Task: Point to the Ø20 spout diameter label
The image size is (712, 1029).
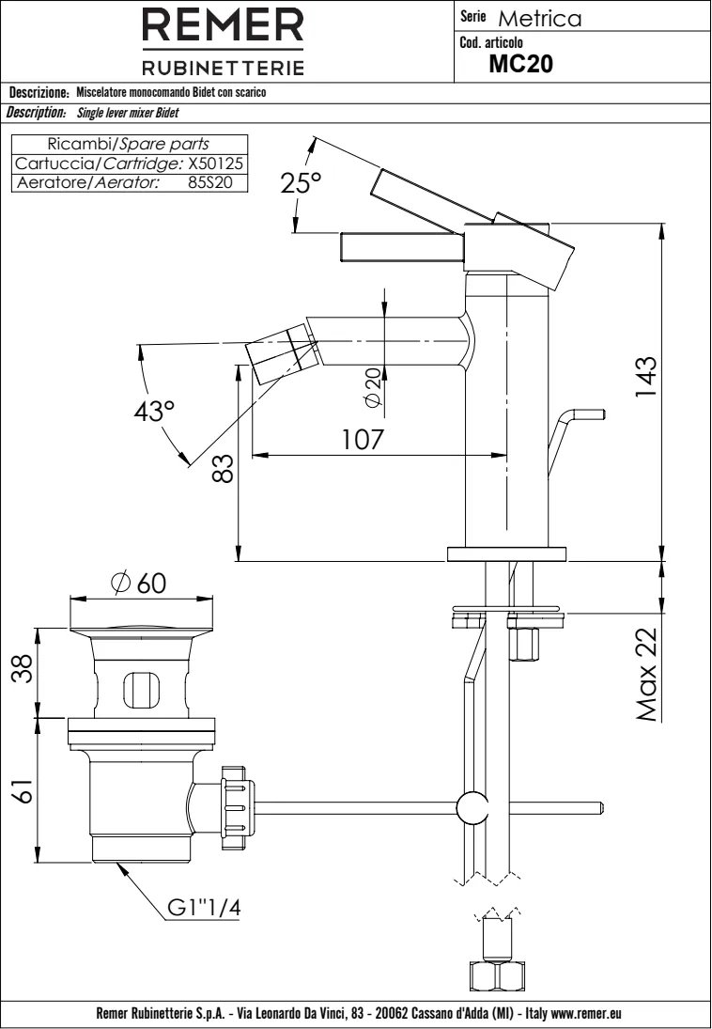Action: [x=373, y=386]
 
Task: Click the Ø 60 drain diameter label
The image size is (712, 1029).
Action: [x=137, y=584]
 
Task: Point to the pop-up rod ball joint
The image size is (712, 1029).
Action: [x=471, y=808]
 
